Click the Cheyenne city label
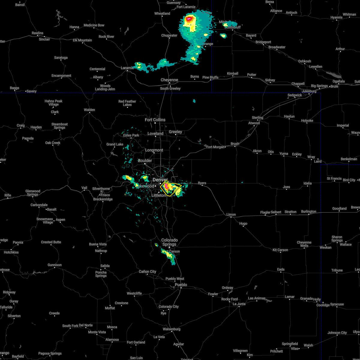pyautogui.click(x=169, y=80)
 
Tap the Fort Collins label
pyautogui.click(x=155, y=120)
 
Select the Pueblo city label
pyautogui.click(x=181, y=285)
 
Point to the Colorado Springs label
pyautogui.click(x=169, y=242)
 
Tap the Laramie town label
pyautogui.click(x=127, y=68)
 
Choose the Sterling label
pyautogui.click(x=257, y=118)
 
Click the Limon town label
pyautogui.click(x=231, y=214)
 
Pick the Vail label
pyautogui.click(x=84, y=188)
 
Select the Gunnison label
pyautogui.click(x=55, y=265)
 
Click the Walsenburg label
pyautogui.click(x=172, y=329)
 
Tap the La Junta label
pyautogui.click(x=239, y=304)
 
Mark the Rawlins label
pyautogui.click(x=37, y=33)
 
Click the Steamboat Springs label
pyautogui.click(x=60, y=126)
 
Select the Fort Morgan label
pyautogui.click(x=215, y=147)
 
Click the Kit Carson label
pyautogui.click(x=280, y=250)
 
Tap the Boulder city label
pyautogui.click(x=145, y=160)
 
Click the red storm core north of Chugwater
pyautogui.click(x=189, y=20)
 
